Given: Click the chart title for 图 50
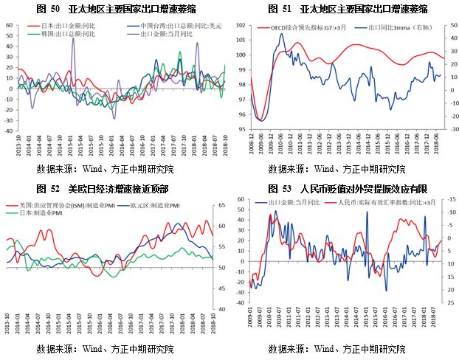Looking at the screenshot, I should tap(116, 8).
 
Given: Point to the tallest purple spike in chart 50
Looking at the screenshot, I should tap(72, 39).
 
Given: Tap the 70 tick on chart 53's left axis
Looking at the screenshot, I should tap(241, 199).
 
